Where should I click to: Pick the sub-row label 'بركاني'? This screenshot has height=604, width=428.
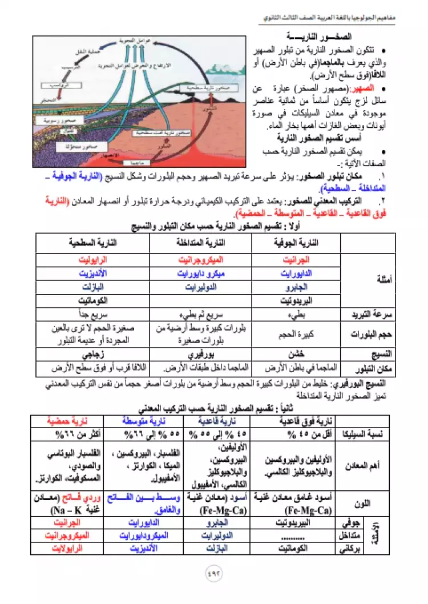tap(356, 549)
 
